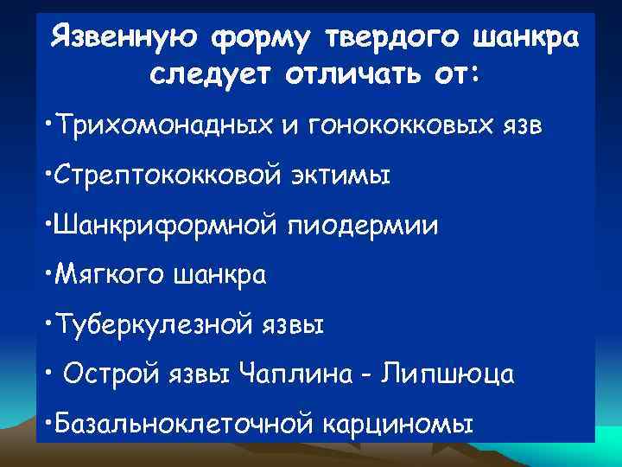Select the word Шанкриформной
click(162, 226)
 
